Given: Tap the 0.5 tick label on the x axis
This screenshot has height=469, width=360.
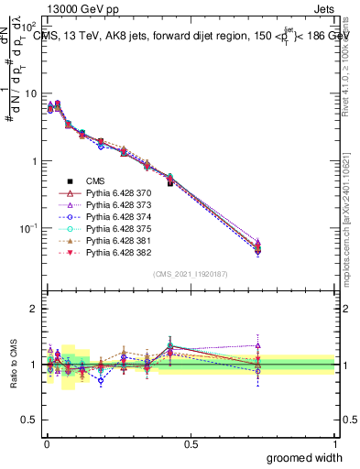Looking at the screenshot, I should click(191, 444).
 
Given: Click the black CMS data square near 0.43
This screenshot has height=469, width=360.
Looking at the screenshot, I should click(170, 183).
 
